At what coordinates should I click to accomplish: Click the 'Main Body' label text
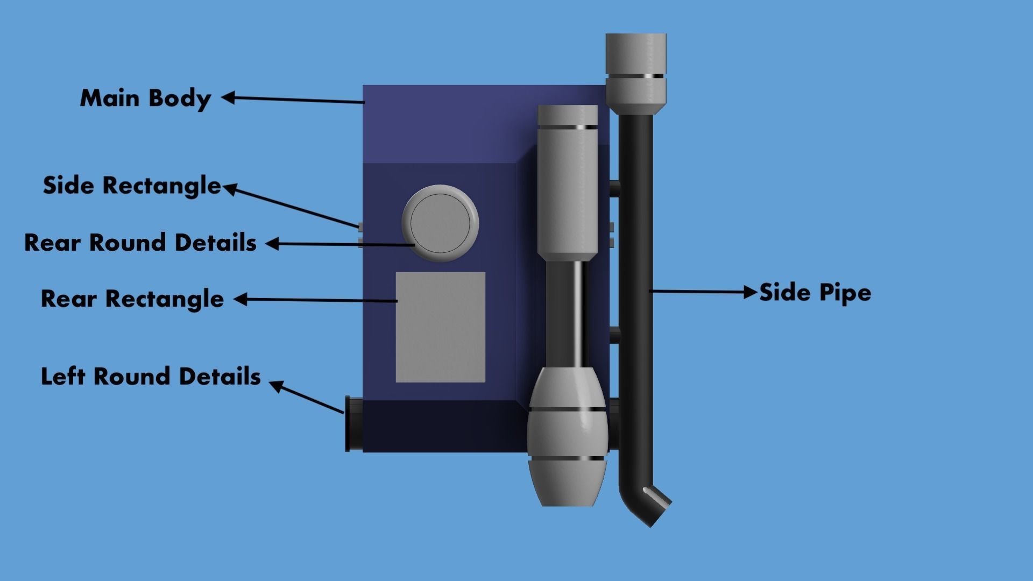(x=145, y=98)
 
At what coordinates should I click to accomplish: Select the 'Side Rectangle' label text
(x=132, y=186)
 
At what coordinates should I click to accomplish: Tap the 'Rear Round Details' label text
(x=140, y=243)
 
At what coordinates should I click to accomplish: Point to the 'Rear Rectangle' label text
(x=132, y=299)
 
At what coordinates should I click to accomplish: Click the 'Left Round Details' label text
(x=151, y=377)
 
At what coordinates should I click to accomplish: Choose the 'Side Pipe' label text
(x=815, y=293)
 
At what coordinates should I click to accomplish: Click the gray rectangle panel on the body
(x=440, y=327)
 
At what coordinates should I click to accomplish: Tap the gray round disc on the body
(x=440, y=223)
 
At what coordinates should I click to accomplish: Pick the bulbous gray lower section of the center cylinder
(x=567, y=436)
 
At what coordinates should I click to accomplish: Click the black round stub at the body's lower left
(x=353, y=424)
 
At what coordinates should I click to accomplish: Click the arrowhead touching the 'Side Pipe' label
(x=750, y=292)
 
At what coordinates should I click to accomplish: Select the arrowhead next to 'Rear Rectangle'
(x=240, y=299)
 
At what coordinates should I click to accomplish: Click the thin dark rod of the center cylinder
(x=571, y=315)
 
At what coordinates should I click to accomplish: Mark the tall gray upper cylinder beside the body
(x=567, y=183)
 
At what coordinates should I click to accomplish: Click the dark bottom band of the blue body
(x=441, y=426)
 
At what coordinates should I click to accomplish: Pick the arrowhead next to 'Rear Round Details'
(x=272, y=244)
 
